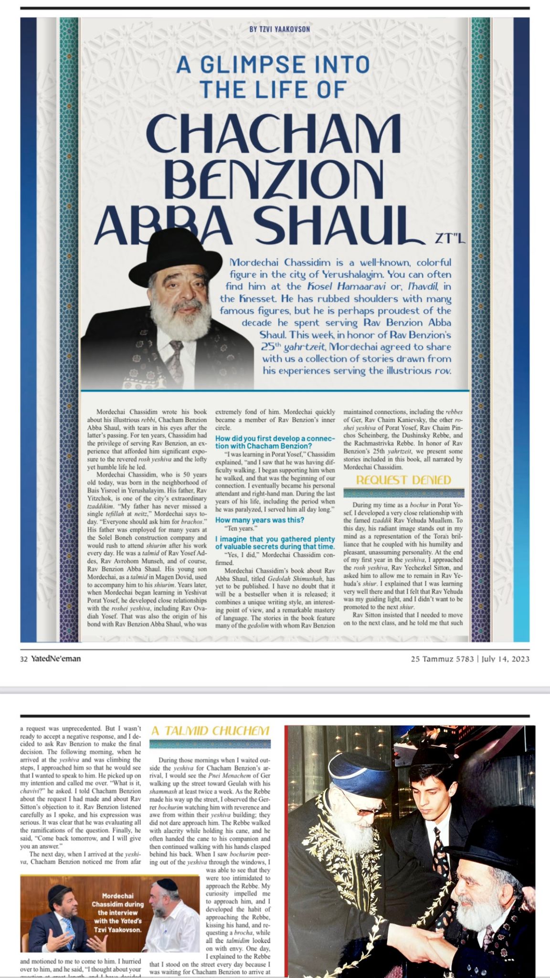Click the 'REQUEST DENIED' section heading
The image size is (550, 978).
point(403,480)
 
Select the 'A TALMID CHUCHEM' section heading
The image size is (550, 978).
point(210,731)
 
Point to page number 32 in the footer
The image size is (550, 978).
point(24,659)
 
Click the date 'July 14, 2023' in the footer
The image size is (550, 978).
point(505,659)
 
